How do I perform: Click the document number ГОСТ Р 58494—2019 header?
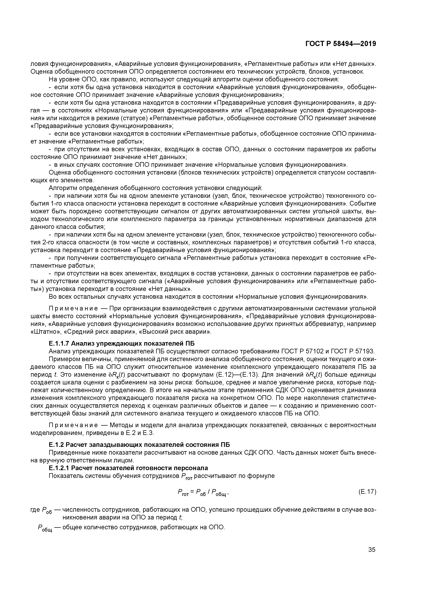tap(341, 44)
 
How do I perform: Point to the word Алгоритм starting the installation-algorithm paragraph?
tap(64, 188)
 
